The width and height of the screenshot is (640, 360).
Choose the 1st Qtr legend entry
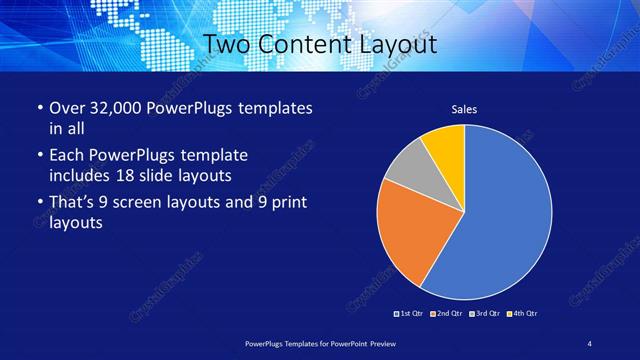point(410,314)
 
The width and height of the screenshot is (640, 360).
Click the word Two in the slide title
point(226,45)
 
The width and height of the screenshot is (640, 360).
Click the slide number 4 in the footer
point(590,344)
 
